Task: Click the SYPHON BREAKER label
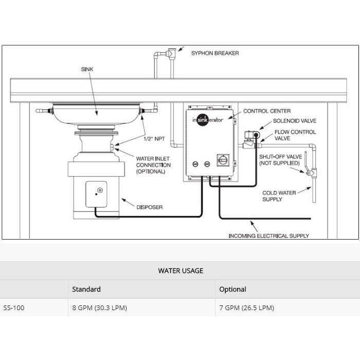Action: pyautogui.click(x=215, y=53)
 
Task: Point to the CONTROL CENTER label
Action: pyautogui.click(x=267, y=111)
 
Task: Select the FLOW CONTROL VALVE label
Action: pyautogui.click(x=295, y=135)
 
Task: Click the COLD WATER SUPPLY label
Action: pyautogui.click(x=279, y=196)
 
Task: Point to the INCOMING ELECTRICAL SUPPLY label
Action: pyautogui.click(x=269, y=236)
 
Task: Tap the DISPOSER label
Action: pyautogui.click(x=150, y=207)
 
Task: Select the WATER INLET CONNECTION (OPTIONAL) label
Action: pyautogui.click(x=153, y=165)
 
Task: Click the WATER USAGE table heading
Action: pyautogui.click(x=181, y=271)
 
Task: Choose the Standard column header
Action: pyautogui.click(x=86, y=289)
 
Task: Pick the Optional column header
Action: pyautogui.click(x=232, y=289)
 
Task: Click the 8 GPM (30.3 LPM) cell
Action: pyautogui.click(x=99, y=308)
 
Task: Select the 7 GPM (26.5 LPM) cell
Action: pyautogui.click(x=246, y=308)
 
